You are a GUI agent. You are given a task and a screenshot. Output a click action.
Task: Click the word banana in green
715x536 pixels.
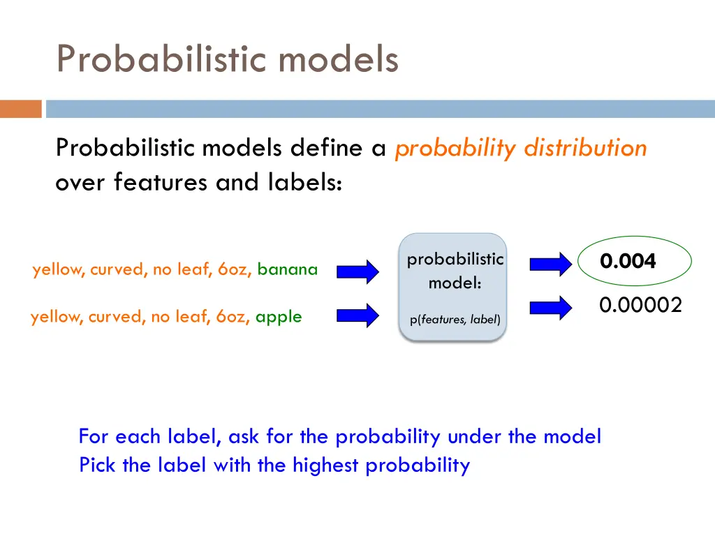[x=287, y=269]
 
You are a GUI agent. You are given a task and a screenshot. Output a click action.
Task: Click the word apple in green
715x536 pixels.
[x=279, y=317]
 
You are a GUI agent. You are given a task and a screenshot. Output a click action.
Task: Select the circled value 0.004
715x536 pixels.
[x=628, y=262]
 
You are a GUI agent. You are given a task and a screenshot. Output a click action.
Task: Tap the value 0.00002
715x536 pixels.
[x=640, y=305]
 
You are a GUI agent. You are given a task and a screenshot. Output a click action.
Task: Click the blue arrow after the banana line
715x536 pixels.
[x=358, y=271]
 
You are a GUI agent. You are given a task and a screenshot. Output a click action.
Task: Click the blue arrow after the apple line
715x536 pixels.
[x=358, y=315]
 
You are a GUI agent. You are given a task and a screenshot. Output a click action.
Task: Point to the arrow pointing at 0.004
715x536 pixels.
[x=550, y=264]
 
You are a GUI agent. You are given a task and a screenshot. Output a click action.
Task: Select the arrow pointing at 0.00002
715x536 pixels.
[x=550, y=307]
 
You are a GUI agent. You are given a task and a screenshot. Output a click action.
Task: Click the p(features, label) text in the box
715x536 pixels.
[x=455, y=320]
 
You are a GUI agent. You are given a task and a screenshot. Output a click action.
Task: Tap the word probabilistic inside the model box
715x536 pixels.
[x=455, y=260]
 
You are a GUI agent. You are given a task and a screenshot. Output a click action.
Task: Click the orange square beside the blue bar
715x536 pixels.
[x=21, y=109]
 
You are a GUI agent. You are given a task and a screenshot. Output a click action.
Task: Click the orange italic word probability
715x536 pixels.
[x=455, y=148]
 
